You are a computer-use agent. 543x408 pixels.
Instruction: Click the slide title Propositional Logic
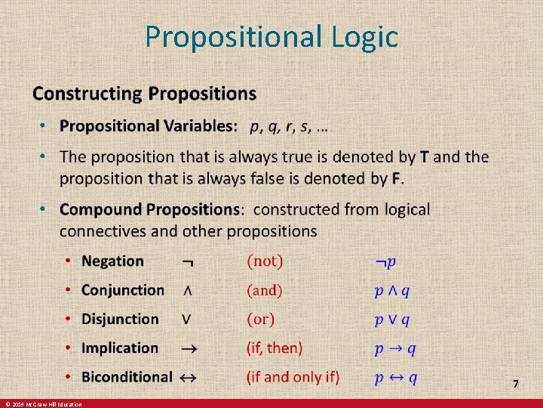tap(271, 36)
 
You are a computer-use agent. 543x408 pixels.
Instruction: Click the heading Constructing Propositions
tap(144, 94)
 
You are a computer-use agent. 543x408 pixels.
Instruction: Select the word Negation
tap(112, 261)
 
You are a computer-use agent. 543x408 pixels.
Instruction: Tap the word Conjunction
tap(122, 290)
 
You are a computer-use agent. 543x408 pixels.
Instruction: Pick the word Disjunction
tap(120, 320)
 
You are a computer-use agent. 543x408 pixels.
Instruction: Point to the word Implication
tap(120, 348)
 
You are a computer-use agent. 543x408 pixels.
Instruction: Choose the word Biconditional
tap(127, 377)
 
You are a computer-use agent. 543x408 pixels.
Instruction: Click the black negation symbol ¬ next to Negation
tap(187, 263)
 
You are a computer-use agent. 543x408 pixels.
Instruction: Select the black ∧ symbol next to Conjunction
tap(186, 291)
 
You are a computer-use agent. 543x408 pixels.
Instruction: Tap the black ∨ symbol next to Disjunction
tap(186, 320)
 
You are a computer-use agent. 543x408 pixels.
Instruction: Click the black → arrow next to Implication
tap(189, 348)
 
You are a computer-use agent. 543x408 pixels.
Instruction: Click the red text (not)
tap(265, 261)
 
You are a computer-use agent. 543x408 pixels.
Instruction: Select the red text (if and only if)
tap(293, 377)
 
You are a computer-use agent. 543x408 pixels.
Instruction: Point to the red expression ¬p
tap(386, 262)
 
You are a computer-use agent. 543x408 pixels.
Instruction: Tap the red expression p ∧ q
tap(393, 291)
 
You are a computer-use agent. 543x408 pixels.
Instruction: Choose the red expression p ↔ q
tap(397, 377)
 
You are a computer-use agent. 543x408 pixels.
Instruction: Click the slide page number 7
tap(516, 385)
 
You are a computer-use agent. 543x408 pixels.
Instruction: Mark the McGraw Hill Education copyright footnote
tap(43, 404)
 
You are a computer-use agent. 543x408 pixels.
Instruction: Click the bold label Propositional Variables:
tap(149, 127)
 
